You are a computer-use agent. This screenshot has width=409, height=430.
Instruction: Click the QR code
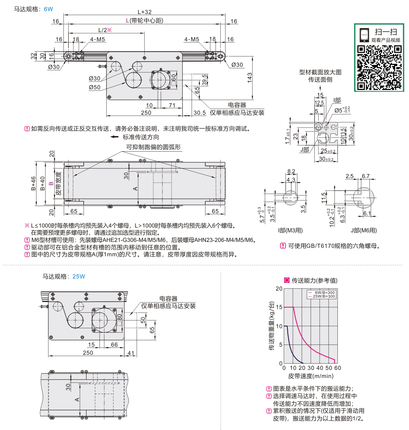[x=379, y=67]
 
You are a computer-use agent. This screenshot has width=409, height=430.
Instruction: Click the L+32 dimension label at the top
[x=144, y=12]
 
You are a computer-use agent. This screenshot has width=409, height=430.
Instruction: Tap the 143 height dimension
[x=249, y=78]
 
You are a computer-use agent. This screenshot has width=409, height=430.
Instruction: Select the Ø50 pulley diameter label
[x=94, y=87]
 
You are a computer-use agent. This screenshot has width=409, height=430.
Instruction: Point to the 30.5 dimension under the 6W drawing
[x=200, y=113]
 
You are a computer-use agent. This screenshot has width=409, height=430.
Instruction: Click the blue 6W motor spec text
[x=49, y=9]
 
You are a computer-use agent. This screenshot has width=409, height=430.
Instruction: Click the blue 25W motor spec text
[x=78, y=277]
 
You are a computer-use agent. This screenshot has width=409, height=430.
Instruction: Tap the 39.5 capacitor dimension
[x=204, y=80]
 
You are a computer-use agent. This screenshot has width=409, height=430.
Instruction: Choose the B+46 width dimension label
[x=34, y=183]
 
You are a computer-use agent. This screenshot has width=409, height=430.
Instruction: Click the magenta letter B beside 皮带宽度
[x=51, y=183]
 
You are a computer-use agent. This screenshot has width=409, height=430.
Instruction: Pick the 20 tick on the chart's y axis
[x=279, y=288]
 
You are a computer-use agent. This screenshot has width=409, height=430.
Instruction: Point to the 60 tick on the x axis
[x=338, y=368]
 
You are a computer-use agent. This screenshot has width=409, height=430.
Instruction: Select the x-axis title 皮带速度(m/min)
[x=311, y=376]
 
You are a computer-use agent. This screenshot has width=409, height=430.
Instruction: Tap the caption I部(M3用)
[x=290, y=230]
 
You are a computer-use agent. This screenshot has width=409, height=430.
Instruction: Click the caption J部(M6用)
[x=364, y=230]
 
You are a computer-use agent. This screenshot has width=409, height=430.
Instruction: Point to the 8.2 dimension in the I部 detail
[x=291, y=171]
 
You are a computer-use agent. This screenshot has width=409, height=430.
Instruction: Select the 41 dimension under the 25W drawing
[x=131, y=353]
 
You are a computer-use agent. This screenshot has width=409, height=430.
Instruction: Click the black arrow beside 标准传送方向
[x=114, y=137]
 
